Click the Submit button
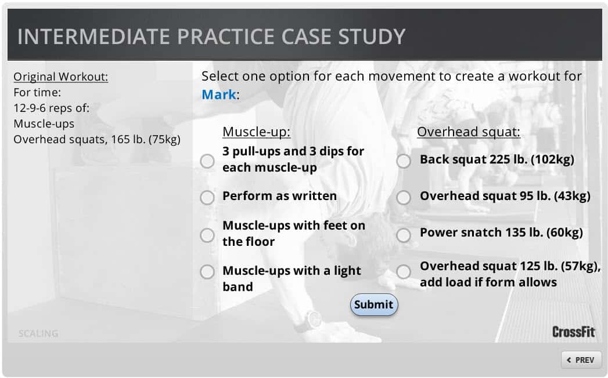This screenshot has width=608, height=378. (x=374, y=304)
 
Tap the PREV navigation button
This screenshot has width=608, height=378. (x=581, y=360)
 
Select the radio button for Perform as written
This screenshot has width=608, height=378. (x=207, y=198)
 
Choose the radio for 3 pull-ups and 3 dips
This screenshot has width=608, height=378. (x=207, y=161)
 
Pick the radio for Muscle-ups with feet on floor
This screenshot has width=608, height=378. (x=207, y=235)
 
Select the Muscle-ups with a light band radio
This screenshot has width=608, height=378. (x=207, y=272)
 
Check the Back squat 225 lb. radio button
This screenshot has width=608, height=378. (x=404, y=161)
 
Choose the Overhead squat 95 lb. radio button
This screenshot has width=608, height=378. (x=404, y=198)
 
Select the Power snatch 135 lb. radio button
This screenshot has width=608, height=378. (x=404, y=235)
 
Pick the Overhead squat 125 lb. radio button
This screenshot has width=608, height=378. (x=404, y=272)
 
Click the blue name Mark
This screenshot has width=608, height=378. (x=219, y=94)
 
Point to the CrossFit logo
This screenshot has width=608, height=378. (x=574, y=332)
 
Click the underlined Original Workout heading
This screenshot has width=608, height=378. (x=61, y=77)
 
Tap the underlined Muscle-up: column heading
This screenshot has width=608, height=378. (x=256, y=132)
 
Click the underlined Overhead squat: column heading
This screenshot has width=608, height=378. (x=469, y=132)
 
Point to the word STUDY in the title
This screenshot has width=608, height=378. (x=372, y=37)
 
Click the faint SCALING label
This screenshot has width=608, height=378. (x=38, y=333)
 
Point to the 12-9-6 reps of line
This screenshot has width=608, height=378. (x=52, y=108)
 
